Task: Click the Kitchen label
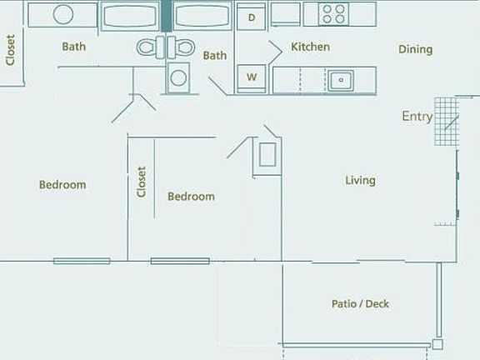[310, 47]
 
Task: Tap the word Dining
[415, 49]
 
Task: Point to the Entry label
[417, 117]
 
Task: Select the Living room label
[361, 180]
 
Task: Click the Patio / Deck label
[360, 304]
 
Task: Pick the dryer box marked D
[251, 16]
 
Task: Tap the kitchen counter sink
[339, 80]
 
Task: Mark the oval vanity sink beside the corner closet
[62, 14]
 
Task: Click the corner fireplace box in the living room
[267, 155]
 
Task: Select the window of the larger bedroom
[82, 261]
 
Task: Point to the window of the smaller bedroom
[179, 261]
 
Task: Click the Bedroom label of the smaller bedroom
[191, 197]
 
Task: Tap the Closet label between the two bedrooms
[142, 182]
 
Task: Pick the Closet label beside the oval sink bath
[11, 49]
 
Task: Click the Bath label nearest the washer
[215, 56]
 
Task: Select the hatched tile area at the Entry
[446, 121]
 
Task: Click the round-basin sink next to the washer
[178, 78]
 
